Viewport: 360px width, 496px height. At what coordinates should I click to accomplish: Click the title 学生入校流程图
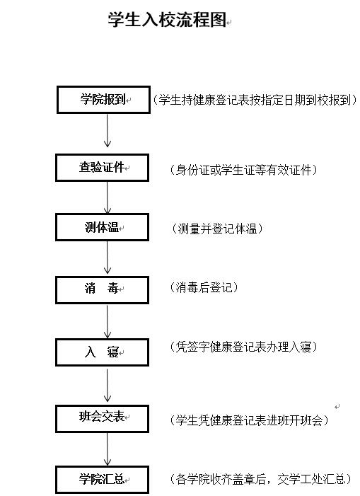point(167,20)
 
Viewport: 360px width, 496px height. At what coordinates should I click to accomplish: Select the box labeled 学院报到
point(103,100)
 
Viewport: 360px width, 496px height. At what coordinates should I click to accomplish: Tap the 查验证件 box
point(102,168)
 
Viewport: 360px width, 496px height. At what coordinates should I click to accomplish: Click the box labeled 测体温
point(102,227)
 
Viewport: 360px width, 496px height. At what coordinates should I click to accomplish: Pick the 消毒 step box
point(102,290)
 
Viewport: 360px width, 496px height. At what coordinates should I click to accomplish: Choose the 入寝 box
point(102,352)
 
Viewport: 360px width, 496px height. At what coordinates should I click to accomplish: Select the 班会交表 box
point(102,419)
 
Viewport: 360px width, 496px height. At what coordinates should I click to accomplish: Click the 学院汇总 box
point(102,479)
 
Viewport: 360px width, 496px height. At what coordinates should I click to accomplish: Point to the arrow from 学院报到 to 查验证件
point(107,130)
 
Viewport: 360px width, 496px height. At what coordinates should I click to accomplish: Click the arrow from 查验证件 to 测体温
point(107,197)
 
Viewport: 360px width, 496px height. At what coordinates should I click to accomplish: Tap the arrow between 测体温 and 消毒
point(107,258)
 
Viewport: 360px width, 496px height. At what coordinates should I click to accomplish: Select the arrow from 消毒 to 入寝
point(107,321)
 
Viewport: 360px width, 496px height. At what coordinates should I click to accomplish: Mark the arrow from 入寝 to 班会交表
point(107,386)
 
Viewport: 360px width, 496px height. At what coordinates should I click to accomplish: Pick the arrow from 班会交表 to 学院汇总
point(107,449)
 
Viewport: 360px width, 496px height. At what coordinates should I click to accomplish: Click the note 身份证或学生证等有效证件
point(244,171)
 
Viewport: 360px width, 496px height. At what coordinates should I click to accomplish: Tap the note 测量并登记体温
point(217,229)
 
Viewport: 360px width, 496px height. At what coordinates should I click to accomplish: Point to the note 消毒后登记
point(204,287)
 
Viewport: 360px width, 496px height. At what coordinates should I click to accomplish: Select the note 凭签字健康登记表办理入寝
point(244,347)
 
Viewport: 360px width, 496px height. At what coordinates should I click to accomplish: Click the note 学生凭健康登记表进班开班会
point(250,420)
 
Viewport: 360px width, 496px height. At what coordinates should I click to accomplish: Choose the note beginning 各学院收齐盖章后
point(261,479)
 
